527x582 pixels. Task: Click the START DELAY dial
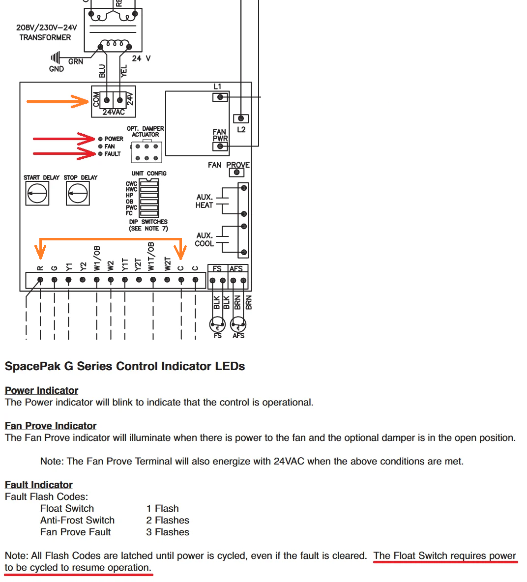coord(37,193)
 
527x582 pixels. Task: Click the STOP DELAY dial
coord(78,193)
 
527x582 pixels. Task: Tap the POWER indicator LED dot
coord(100,139)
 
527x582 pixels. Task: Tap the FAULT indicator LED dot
coord(100,154)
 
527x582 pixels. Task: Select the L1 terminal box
coord(220,97)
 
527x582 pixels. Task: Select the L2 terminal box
coord(241,118)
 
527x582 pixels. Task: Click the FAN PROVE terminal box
coord(236,172)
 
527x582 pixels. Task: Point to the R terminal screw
coord(40,280)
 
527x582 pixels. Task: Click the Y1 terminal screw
coord(68,280)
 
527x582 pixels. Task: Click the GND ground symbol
coord(55,58)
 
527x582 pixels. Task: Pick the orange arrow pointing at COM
coord(57,101)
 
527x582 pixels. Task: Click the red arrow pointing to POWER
coord(64,139)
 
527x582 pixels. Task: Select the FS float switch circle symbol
coord(217,325)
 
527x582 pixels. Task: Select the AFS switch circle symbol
coord(238,325)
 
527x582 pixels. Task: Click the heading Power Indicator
coord(42,390)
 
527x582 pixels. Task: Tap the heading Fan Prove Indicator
coord(51,426)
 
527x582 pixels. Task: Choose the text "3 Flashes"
coord(168,532)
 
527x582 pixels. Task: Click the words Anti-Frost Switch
coord(78,520)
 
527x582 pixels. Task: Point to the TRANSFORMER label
coord(45,37)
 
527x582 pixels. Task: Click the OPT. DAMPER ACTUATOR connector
coord(146,152)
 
